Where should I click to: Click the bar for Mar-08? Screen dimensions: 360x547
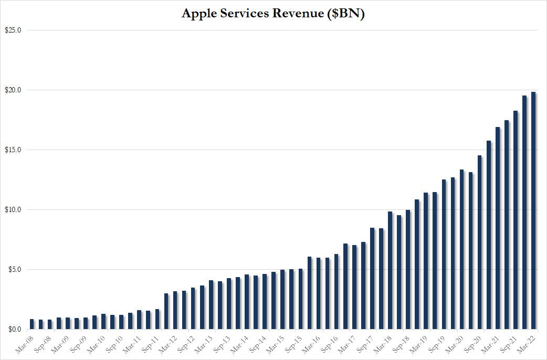click(x=32, y=325)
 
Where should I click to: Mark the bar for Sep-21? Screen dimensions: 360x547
click(x=516, y=220)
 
